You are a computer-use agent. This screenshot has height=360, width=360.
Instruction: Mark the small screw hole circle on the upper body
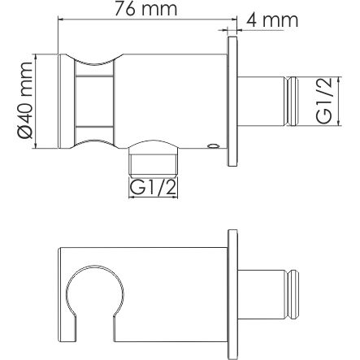click(212, 147)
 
